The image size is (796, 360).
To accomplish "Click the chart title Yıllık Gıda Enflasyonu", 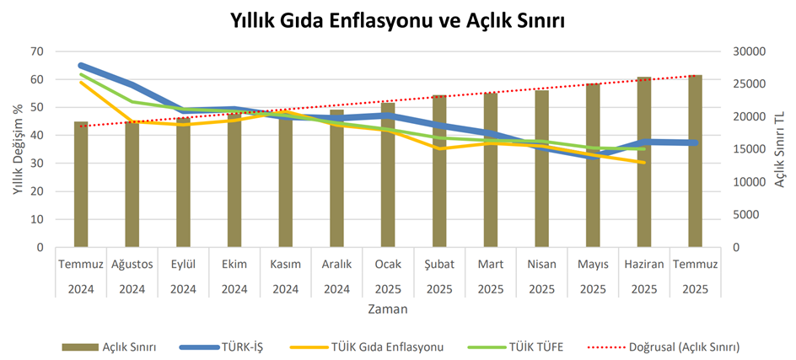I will click(x=398, y=22).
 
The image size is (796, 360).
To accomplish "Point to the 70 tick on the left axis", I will click(x=35, y=51).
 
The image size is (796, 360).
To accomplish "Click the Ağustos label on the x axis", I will click(x=132, y=264).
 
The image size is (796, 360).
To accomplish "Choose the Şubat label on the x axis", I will click(x=438, y=264).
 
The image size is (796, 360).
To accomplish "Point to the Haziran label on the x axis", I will click(x=644, y=264).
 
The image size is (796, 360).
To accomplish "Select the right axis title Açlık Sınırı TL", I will click(x=779, y=149).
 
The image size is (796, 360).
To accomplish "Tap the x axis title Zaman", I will click(x=388, y=309).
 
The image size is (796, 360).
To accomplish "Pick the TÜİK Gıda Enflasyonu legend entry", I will click(x=388, y=346).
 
